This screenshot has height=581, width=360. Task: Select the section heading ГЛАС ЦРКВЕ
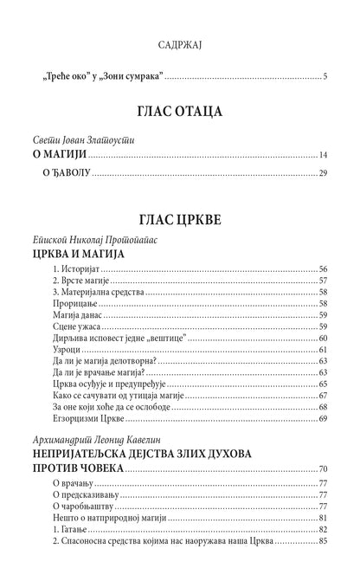(x=180, y=220)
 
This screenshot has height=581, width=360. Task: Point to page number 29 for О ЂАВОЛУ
(x=322, y=174)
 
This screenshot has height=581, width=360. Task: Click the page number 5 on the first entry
(x=325, y=77)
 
